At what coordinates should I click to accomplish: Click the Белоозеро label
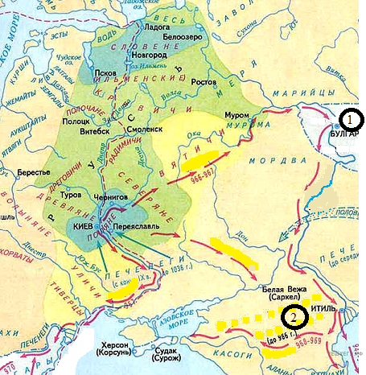(x=180, y=37)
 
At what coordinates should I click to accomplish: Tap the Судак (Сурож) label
(x=171, y=355)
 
